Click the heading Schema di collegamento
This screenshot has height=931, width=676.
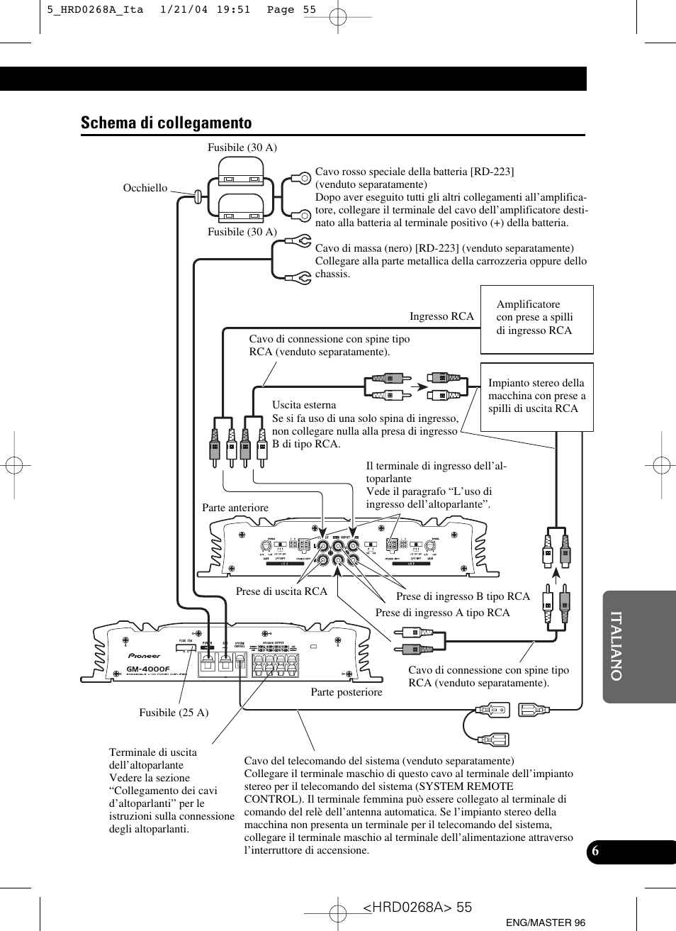[x=166, y=123]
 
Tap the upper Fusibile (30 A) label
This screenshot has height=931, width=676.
[x=242, y=147]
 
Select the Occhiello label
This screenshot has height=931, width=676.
[x=145, y=188]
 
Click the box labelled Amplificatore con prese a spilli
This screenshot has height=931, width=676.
[x=536, y=318]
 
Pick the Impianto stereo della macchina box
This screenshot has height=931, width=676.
[x=536, y=396]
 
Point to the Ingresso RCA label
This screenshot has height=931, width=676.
[x=441, y=316]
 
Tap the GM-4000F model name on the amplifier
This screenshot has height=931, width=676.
[x=148, y=669]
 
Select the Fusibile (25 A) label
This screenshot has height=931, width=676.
[x=174, y=713]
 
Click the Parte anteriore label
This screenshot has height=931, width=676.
[x=235, y=508]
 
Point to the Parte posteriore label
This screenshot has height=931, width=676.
[x=347, y=692]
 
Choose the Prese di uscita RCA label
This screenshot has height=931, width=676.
[x=281, y=591]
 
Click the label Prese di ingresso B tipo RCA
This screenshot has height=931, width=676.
[x=463, y=596]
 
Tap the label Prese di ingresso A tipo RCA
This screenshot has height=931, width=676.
[x=442, y=613]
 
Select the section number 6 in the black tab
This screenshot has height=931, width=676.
[x=595, y=852]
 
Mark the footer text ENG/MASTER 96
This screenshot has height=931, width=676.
[x=546, y=922]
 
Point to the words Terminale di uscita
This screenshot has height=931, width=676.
[x=153, y=752]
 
